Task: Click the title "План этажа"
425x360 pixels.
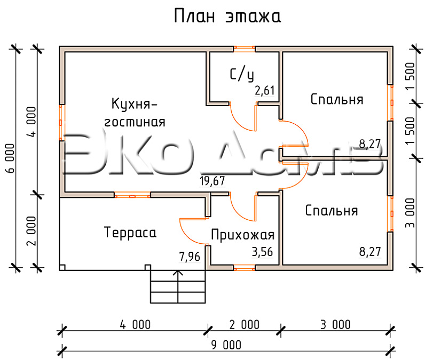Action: tap(227, 16)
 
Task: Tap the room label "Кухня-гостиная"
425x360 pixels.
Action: tap(135, 113)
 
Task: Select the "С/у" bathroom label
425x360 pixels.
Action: tap(242, 75)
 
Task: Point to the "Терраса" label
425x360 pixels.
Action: tap(130, 233)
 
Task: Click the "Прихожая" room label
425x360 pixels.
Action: tap(242, 235)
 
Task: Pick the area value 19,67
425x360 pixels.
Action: tap(212, 181)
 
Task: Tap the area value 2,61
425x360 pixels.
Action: tap(264, 91)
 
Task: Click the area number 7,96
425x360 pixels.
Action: tap(190, 257)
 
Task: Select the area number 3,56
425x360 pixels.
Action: tap(262, 252)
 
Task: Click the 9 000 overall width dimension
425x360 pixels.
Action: tap(226, 345)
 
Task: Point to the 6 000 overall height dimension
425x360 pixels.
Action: tap(10, 158)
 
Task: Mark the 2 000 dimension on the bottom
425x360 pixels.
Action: tap(244, 325)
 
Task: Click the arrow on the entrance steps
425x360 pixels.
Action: tap(178, 286)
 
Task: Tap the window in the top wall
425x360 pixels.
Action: tap(244, 49)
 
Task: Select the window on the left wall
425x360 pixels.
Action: tap(62, 122)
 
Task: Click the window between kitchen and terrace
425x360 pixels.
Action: tap(132, 195)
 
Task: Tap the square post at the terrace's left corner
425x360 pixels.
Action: tap(62, 267)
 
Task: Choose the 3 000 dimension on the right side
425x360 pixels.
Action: tap(411, 213)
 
